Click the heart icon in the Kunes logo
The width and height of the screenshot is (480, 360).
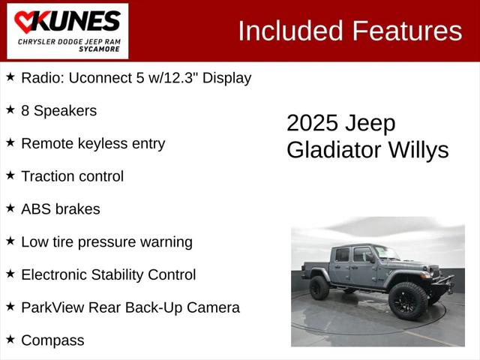click(25, 22)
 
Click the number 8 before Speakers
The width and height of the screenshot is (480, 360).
click(25, 110)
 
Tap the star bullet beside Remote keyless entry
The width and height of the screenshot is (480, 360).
click(10, 142)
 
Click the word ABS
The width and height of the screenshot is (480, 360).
click(37, 209)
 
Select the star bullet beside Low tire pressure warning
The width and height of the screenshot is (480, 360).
click(10, 241)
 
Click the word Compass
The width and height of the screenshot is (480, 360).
click(52, 340)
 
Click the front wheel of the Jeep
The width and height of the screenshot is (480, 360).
click(407, 300)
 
